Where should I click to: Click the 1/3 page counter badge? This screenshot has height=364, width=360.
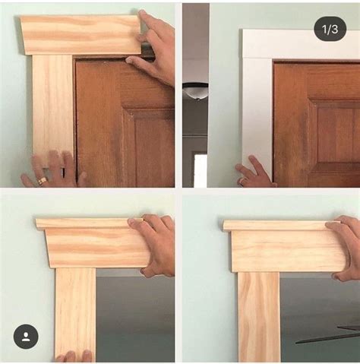point(330,30)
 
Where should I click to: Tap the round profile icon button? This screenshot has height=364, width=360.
point(26,337)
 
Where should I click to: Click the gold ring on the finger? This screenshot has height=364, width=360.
point(43,181)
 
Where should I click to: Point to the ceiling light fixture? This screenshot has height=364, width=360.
point(195,91)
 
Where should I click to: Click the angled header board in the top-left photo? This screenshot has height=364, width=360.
point(81,35)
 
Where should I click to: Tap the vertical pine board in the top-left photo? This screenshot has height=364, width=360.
point(52,109)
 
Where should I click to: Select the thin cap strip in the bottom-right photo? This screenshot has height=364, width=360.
point(281,226)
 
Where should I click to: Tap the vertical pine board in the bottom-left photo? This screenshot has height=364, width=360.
point(75,314)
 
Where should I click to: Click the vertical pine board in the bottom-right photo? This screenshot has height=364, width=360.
point(259,317)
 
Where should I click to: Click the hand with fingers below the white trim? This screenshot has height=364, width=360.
point(253,173)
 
